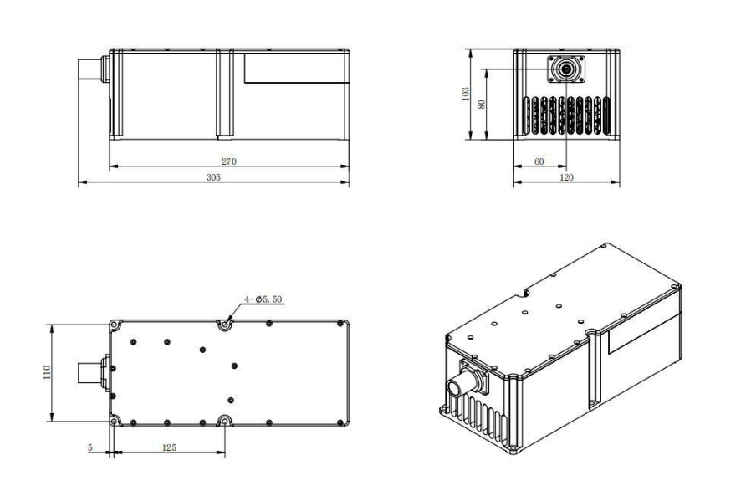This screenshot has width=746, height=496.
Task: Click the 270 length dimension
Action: coord(229,161)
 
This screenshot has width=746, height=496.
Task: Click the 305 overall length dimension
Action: coord(213,177)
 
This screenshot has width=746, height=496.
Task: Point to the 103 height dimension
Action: coord(466,94)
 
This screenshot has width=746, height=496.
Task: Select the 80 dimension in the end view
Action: coord(482,105)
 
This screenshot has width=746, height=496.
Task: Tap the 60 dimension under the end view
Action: coord(539,161)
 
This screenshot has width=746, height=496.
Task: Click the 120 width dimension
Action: coord(566,177)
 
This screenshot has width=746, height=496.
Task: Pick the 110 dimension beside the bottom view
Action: coord(47,372)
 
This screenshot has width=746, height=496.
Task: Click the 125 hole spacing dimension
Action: coord(169,447)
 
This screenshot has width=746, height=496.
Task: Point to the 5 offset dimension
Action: coord(90,447)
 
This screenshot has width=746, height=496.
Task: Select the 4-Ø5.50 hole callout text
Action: coord(263,299)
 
